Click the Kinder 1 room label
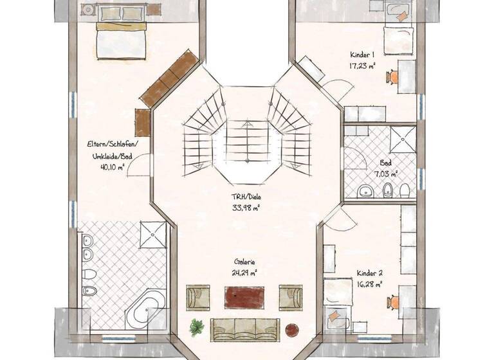coord(363,55)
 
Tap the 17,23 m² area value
coord(363,65)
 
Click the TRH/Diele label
coord(246,197)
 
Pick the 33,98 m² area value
coord(246,207)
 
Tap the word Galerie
coord(244,262)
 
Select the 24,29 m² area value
coord(244,272)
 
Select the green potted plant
coord(197,327)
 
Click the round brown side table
coord(292,328)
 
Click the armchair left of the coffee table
coord(198,298)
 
